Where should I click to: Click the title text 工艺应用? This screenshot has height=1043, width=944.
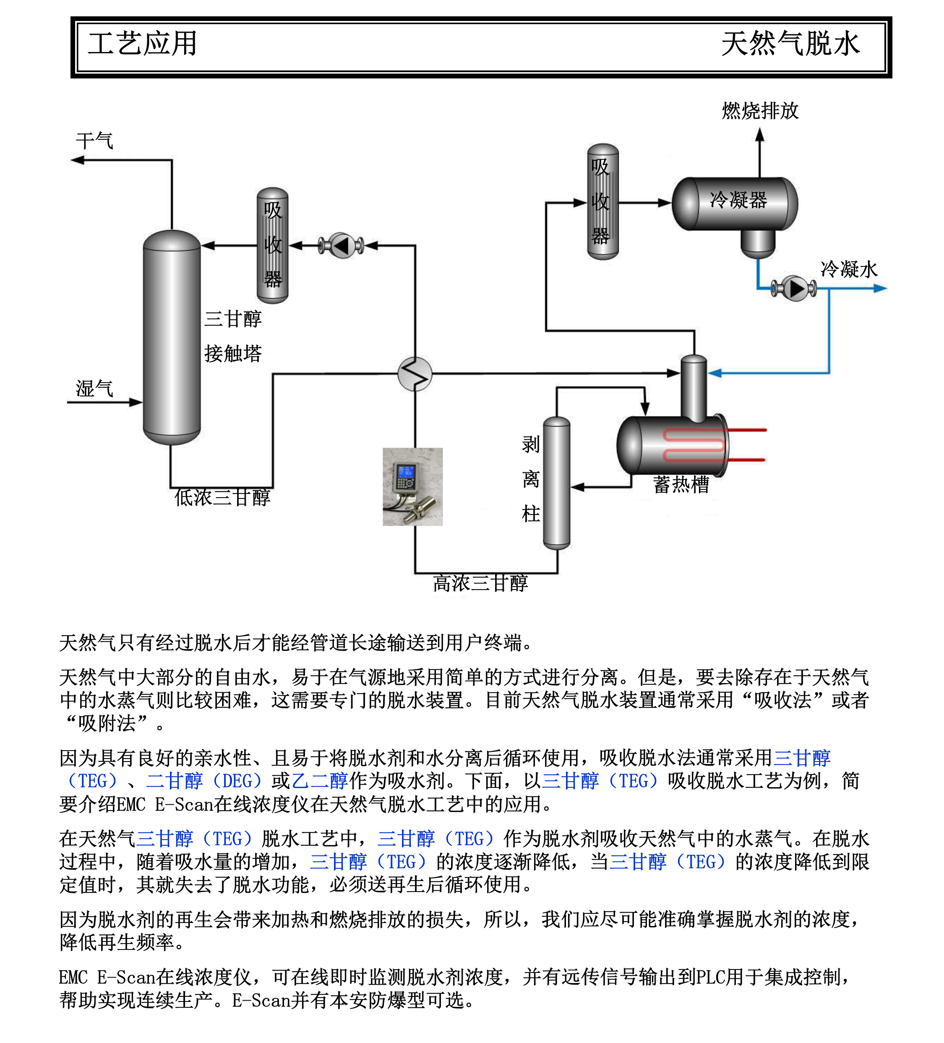tap(142, 44)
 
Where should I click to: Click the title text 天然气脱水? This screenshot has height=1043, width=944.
tap(790, 44)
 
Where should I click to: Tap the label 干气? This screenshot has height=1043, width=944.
tap(94, 141)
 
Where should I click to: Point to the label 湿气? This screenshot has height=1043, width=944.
tap(94, 389)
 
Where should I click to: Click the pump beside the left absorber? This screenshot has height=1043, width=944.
tap(341, 245)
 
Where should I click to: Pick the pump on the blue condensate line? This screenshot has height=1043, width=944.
tap(794, 288)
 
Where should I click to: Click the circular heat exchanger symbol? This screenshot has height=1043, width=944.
tap(415, 373)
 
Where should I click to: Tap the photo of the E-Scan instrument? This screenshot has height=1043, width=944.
tap(412, 486)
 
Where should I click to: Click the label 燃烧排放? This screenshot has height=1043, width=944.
tap(760, 111)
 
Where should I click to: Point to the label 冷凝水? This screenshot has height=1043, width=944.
tap(849, 269)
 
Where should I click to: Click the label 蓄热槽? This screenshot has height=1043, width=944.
tap(681, 484)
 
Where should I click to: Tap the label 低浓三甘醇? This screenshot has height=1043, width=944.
tap(222, 497)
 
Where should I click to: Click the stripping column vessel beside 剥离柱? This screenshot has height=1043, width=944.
tap(557, 483)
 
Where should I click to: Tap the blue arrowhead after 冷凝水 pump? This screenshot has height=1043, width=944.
tap(880, 288)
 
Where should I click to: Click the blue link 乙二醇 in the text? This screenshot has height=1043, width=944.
tap(320, 781)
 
